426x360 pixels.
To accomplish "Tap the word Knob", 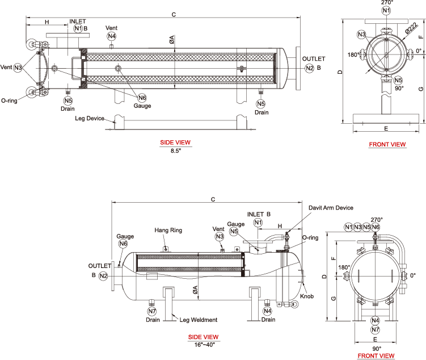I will pos(306,296).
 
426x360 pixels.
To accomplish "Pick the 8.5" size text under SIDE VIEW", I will pos(176,150).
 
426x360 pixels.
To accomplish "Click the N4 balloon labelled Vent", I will pos(112,36).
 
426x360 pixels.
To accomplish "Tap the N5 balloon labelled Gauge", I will pos(234,231).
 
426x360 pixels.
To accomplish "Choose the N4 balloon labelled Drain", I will pos(267,311).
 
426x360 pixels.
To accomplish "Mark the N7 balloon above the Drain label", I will pos(151,311).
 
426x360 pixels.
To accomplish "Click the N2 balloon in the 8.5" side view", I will pos(309,68).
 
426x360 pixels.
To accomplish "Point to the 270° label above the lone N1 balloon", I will pos(386,3).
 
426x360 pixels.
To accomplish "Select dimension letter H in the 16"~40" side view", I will pos(280,226).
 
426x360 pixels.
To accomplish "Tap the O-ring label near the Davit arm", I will pos(310,238).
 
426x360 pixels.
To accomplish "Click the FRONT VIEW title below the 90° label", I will pos(376,355).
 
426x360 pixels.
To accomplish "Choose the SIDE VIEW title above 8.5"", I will pos(176,143).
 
